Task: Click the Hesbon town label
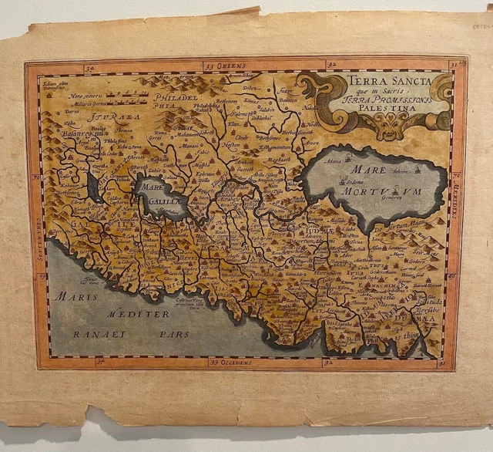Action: pyautogui.click(x=230, y=143)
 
